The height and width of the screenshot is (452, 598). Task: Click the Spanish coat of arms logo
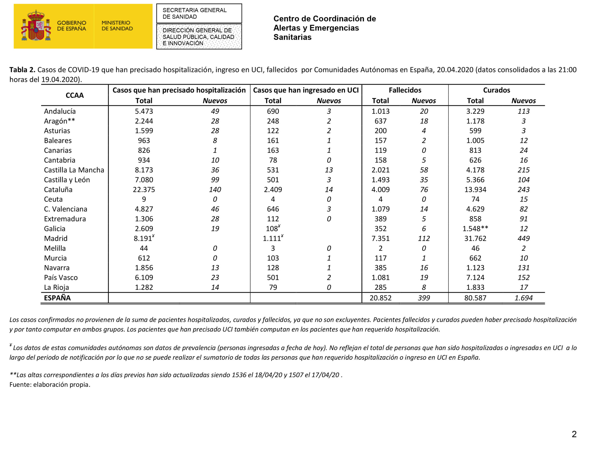click(36, 26)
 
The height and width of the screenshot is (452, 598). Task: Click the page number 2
click(574, 434)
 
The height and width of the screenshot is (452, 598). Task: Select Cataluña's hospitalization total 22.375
click(144, 189)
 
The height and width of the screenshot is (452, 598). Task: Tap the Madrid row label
click(56, 239)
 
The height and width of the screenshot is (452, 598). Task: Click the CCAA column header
click(75, 95)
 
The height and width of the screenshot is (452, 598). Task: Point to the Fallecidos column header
click(405, 90)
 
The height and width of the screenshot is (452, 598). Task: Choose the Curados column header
click(496, 90)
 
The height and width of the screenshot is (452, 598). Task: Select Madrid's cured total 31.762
click(475, 239)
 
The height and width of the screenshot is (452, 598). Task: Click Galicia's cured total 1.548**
click(475, 229)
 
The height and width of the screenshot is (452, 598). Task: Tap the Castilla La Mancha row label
click(74, 170)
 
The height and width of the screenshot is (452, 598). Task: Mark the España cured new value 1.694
click(523, 298)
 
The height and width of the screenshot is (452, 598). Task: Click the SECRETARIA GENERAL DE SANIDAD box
click(199, 14)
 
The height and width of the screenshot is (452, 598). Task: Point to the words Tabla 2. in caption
click(22, 70)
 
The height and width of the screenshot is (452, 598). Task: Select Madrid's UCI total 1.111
click(272, 239)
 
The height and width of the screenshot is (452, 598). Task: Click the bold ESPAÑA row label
click(57, 298)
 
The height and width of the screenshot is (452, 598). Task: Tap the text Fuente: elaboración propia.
click(50, 385)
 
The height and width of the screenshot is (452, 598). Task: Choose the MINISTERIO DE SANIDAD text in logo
click(117, 26)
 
